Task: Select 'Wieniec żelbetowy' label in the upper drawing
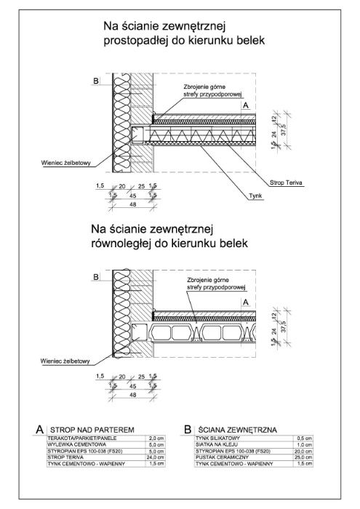[66, 164]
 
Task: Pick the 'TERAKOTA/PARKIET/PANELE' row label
[79, 439]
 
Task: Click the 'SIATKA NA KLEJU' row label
[215, 445]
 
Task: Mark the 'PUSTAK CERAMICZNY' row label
[220, 457]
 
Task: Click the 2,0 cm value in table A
[156, 439]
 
